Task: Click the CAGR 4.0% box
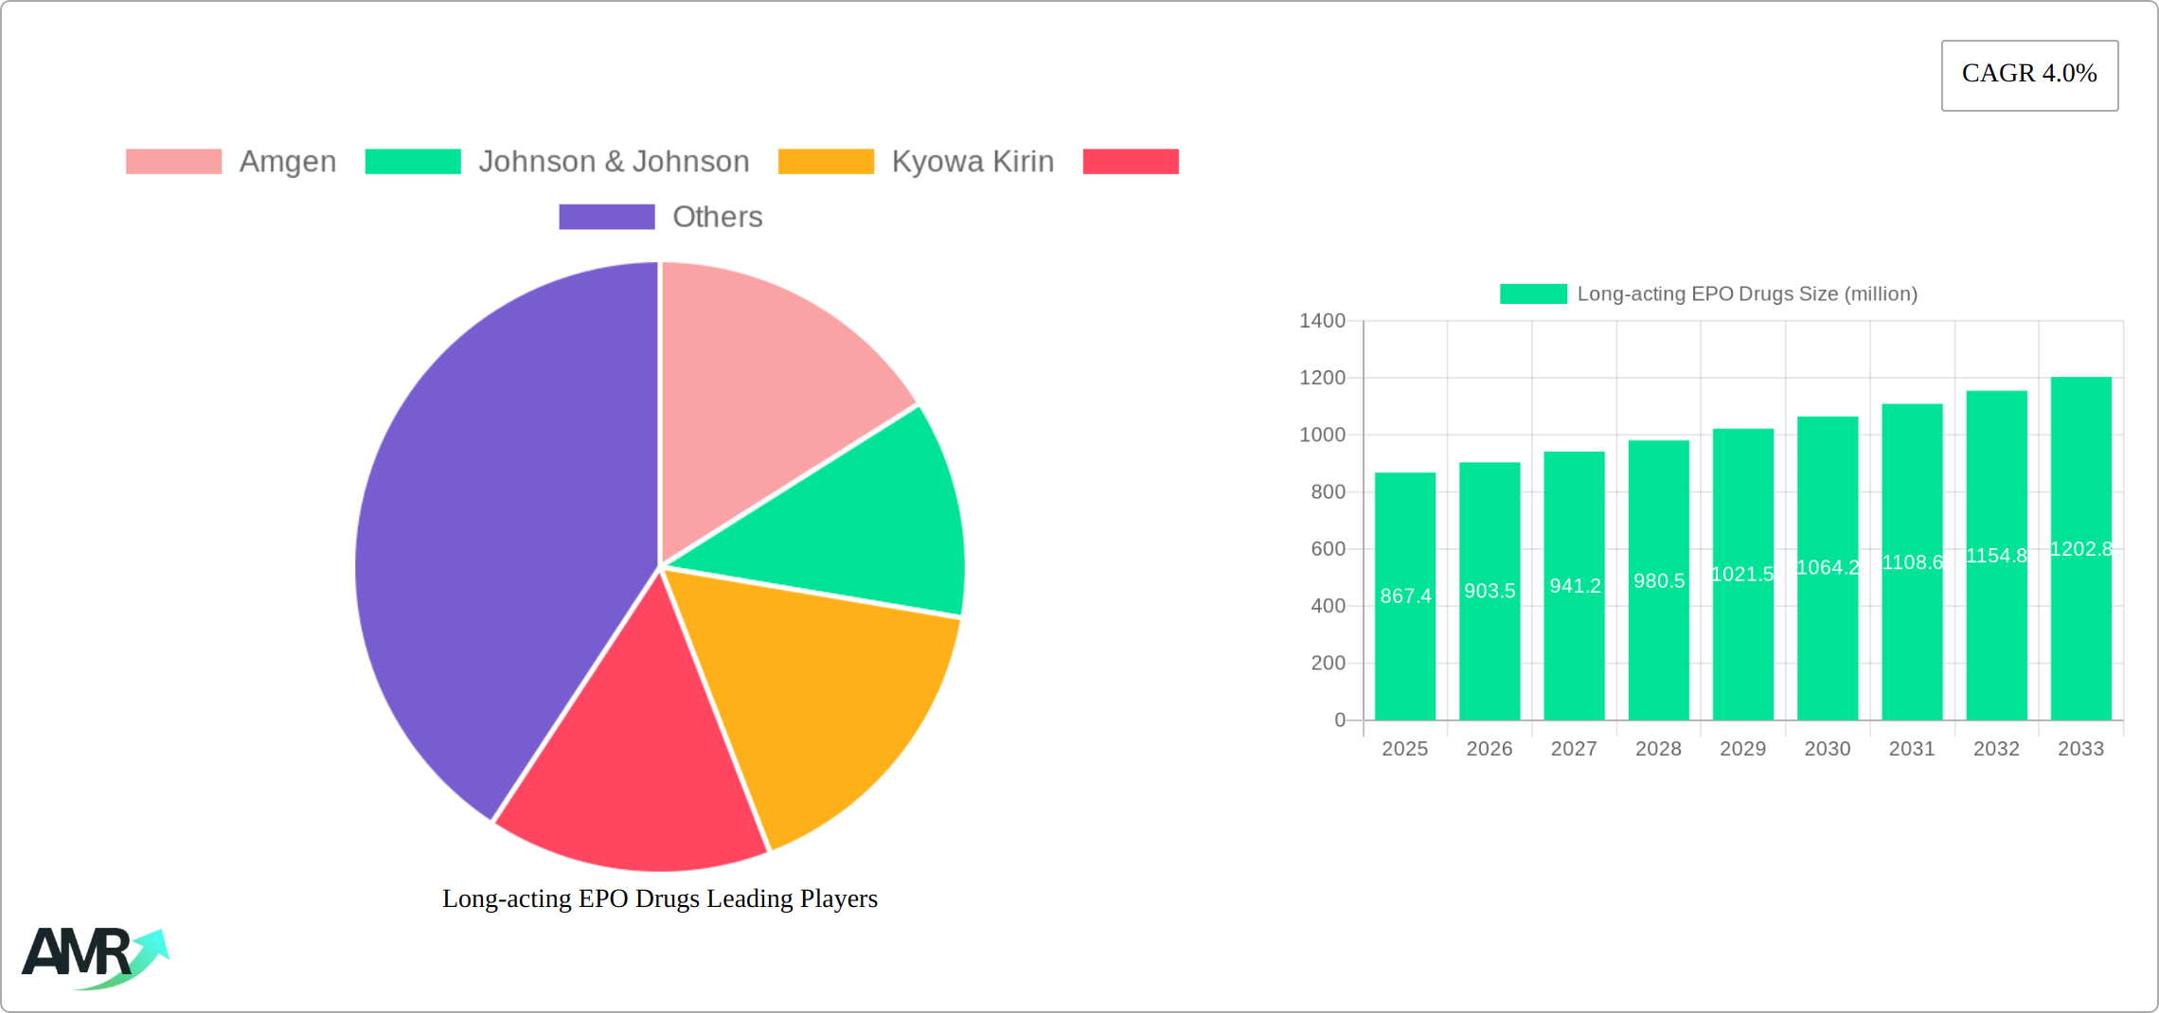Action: tap(2029, 75)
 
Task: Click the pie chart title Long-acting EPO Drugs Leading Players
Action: tap(660, 898)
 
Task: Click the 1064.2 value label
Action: tap(1828, 568)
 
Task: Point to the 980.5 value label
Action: tap(1659, 581)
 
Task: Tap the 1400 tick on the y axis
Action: tap(1322, 321)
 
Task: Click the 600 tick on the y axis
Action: tap(1328, 549)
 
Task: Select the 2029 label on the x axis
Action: tap(1742, 749)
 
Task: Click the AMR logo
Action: tap(95, 956)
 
